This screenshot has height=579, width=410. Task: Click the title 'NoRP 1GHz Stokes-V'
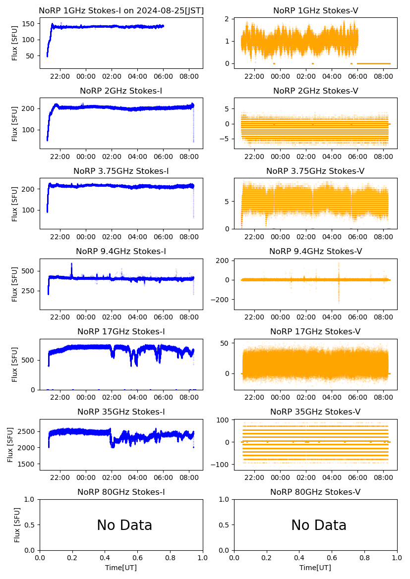tap(315, 10)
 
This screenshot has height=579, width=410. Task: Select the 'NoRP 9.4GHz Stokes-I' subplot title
tap(121, 251)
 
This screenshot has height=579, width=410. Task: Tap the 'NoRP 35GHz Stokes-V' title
tap(315, 412)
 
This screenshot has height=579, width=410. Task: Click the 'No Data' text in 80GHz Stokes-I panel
tap(124, 525)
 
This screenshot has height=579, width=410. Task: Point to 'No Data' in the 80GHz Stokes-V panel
tap(319, 525)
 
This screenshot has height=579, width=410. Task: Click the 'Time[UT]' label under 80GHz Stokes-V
tap(315, 567)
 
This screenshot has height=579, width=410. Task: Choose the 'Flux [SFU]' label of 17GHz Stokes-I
tap(15, 365)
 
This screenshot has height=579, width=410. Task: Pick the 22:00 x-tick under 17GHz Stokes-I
tap(60, 398)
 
